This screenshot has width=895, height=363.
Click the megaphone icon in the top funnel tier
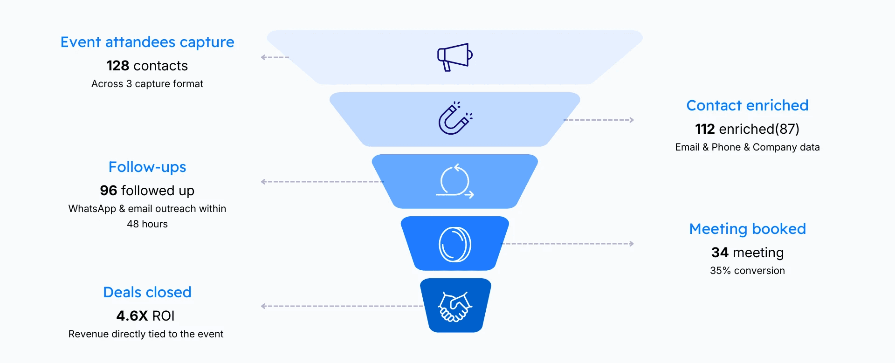click(x=454, y=57)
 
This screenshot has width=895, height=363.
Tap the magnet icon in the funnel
click(x=454, y=119)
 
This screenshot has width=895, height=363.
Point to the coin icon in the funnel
click(x=454, y=244)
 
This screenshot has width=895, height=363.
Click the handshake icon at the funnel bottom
click(x=454, y=306)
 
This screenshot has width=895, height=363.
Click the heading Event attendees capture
click(x=147, y=42)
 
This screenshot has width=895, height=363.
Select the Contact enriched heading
click(x=747, y=106)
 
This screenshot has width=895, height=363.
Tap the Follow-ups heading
click(x=147, y=167)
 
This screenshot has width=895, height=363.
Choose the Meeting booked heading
click(x=747, y=229)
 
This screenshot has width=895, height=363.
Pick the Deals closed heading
click(x=147, y=293)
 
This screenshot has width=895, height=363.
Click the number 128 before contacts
click(x=117, y=66)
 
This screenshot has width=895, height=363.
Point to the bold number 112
click(x=705, y=129)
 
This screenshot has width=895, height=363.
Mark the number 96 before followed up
click(x=108, y=191)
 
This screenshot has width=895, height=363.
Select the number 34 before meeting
click(x=720, y=253)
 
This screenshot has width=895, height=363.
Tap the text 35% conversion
click(x=747, y=271)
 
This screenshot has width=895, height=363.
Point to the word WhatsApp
click(x=92, y=209)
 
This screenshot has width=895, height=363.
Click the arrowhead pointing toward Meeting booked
click(x=632, y=244)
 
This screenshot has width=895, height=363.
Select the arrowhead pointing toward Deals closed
click(x=263, y=306)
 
